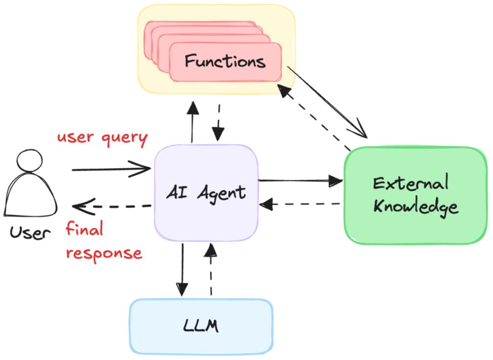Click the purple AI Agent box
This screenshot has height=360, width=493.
click(206, 193)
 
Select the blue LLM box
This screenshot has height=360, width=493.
click(201, 325)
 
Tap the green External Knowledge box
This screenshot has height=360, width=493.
click(415, 195)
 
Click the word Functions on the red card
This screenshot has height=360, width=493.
click(225, 61)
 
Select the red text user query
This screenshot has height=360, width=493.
click(102, 138)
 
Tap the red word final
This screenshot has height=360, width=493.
click(84, 229)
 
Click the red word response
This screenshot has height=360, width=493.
click(104, 253)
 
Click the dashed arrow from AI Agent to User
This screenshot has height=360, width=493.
click(112, 206)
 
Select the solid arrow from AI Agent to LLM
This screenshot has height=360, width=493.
click(182, 269)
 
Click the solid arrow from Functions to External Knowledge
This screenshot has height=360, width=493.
click(327, 103)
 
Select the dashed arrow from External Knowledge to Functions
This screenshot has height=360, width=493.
click(315, 120)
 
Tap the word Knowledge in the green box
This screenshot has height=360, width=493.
click(415, 207)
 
